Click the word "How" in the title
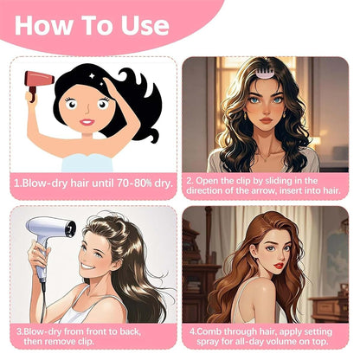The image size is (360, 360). [43, 25]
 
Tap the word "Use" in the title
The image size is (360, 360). [145, 25]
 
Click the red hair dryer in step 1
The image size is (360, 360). [38, 83]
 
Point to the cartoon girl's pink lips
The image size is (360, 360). [87, 122]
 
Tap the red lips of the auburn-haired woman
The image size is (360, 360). [279, 265]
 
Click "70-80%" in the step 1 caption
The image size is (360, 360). [134, 183]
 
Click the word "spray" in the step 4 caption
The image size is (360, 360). [209, 342]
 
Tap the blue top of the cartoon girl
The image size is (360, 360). [87, 163]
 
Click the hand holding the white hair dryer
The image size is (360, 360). [36, 254]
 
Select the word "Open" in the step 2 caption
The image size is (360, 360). [204, 181]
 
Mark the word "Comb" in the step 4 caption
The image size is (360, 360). [209, 331]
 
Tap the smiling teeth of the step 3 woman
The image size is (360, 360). [87, 266]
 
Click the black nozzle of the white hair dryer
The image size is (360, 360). [70, 228]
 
